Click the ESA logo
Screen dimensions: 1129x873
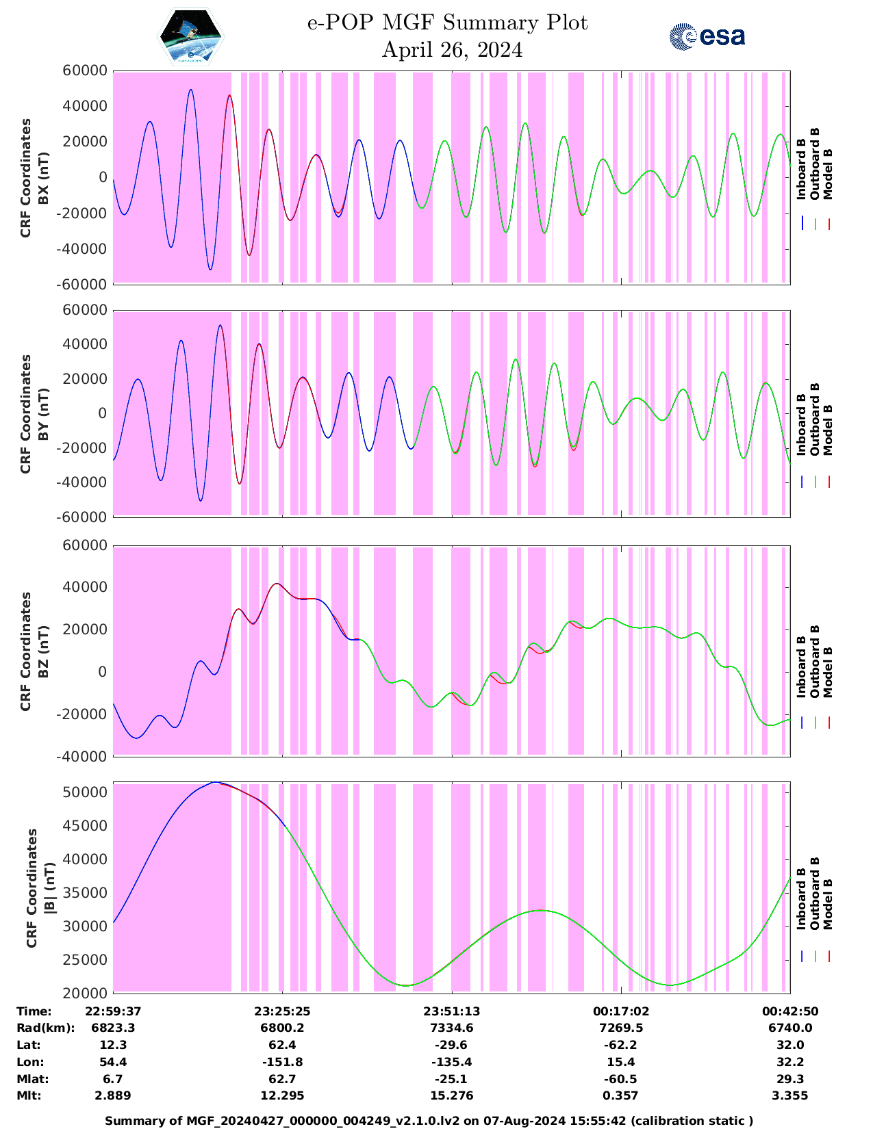click(707, 36)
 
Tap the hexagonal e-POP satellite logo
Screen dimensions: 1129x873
click(191, 36)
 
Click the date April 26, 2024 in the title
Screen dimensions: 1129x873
click(452, 50)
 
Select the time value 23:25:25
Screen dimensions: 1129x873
click(283, 1011)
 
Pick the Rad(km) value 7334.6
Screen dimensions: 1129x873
click(451, 1028)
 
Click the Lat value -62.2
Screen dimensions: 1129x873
click(621, 1045)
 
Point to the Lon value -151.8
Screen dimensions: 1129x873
click(283, 1062)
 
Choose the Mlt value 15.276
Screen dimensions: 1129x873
click(451, 1095)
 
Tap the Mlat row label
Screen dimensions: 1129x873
click(33, 1079)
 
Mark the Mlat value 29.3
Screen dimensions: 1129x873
click(790, 1079)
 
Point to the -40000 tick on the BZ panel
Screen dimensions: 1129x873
click(85, 757)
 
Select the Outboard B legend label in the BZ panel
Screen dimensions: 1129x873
click(814, 662)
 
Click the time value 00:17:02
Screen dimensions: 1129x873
click(621, 1011)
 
